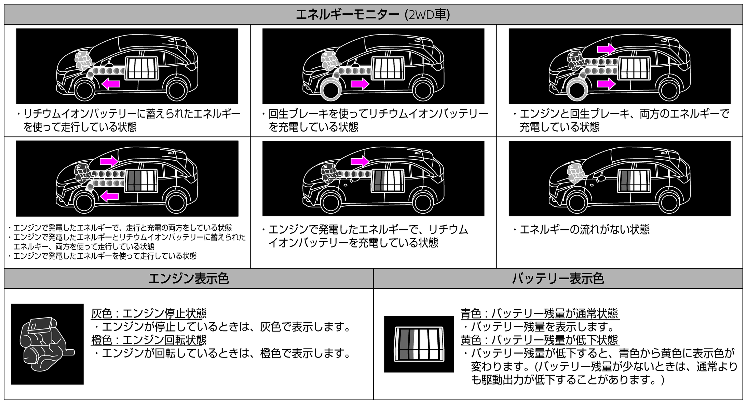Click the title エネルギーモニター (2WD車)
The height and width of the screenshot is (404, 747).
(x=373, y=15)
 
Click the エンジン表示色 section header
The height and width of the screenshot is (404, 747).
(x=189, y=279)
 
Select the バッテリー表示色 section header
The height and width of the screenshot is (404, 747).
(x=558, y=279)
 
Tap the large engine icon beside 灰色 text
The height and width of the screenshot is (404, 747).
(x=47, y=344)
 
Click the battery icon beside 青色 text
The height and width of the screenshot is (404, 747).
(x=419, y=344)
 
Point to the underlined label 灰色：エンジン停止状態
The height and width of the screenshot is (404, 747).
(x=149, y=313)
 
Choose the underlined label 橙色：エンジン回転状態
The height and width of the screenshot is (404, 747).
(x=149, y=340)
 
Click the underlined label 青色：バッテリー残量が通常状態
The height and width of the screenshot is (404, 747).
(x=540, y=313)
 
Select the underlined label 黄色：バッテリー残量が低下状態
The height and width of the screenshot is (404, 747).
(x=540, y=340)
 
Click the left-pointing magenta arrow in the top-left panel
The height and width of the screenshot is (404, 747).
(x=111, y=83)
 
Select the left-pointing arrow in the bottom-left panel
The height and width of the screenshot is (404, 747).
(x=109, y=196)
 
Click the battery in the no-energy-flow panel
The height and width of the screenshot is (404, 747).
(x=634, y=181)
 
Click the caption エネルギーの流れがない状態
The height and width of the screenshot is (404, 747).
(x=584, y=229)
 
